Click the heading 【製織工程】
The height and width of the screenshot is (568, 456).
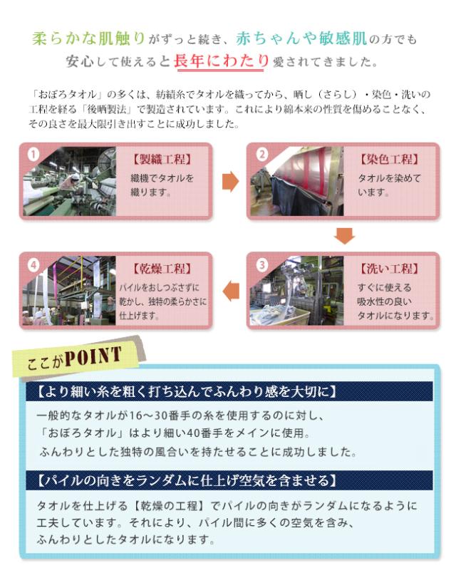(162, 159)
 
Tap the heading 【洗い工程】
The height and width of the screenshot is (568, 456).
(389, 269)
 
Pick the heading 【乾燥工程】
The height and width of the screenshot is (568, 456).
(162, 269)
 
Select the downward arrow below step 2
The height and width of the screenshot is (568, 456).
(345, 236)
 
